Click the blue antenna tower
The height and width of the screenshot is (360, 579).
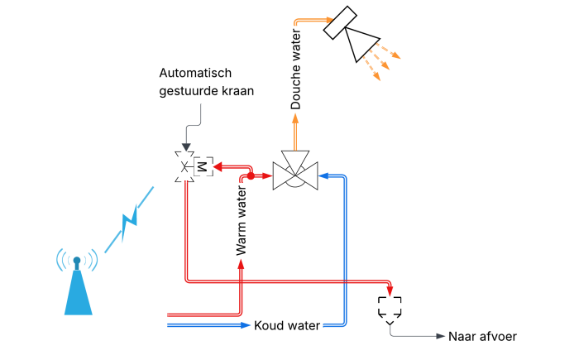pyautogui.click(x=77, y=290)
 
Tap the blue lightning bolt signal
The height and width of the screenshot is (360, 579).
pyautogui.click(x=130, y=218)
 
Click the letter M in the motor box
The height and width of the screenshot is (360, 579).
pyautogui.click(x=201, y=167)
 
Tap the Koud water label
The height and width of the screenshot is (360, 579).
pyautogui.click(x=286, y=325)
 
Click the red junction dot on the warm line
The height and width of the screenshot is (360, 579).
pyautogui.click(x=251, y=175)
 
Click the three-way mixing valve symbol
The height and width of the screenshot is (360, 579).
pyautogui.click(x=295, y=172)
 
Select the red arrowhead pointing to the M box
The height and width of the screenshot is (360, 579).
pyautogui.click(x=218, y=167)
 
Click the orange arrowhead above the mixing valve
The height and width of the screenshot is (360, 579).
pyautogui.click(x=295, y=120)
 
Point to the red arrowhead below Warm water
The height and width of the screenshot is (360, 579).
pyautogui.click(x=241, y=264)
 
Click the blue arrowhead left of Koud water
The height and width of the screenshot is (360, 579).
pyautogui.click(x=245, y=325)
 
